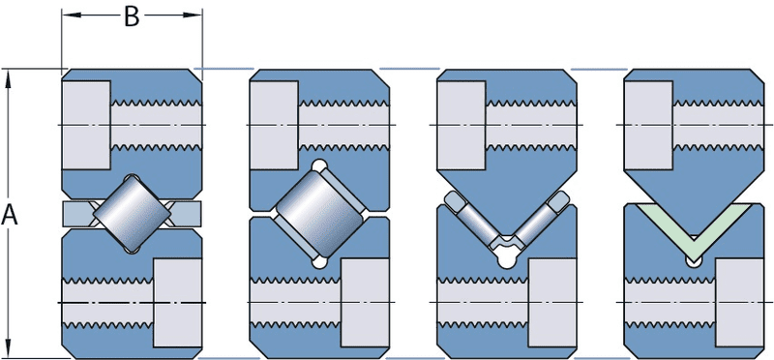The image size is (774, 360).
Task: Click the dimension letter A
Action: point(10,216)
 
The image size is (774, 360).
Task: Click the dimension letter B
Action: point(133,16)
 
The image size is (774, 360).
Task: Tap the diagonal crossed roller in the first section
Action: point(133,213)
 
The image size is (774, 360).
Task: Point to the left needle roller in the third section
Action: point(473,219)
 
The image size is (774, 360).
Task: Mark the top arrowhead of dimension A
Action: point(10,77)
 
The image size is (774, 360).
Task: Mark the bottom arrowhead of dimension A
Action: point(10,350)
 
